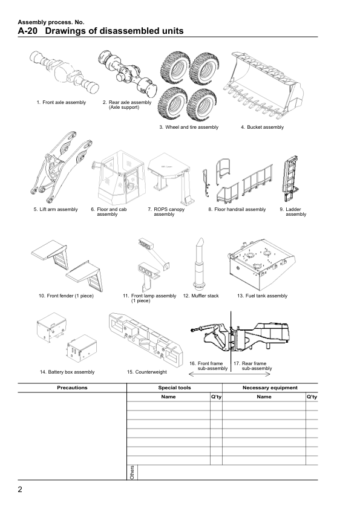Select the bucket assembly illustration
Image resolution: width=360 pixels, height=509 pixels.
click(264, 85)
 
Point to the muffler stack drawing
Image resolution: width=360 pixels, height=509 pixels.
click(199, 265)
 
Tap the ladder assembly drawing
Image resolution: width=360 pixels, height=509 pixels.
click(290, 178)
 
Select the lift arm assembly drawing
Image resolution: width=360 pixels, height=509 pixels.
click(61, 167)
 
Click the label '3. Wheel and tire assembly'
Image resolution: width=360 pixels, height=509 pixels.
click(189, 127)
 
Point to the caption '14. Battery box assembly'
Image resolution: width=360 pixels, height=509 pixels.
click(67, 372)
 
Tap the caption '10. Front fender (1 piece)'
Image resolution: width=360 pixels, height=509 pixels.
click(66, 296)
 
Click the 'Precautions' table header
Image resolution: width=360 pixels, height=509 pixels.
click(72, 387)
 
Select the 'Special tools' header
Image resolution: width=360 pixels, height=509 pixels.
click(174, 387)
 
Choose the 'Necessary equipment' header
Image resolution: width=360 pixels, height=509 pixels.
click(270, 387)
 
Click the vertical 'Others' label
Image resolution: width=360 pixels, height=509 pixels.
click(132, 472)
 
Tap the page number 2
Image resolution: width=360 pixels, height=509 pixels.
click(20, 490)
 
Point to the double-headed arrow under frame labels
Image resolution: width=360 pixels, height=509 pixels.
click(229, 374)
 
